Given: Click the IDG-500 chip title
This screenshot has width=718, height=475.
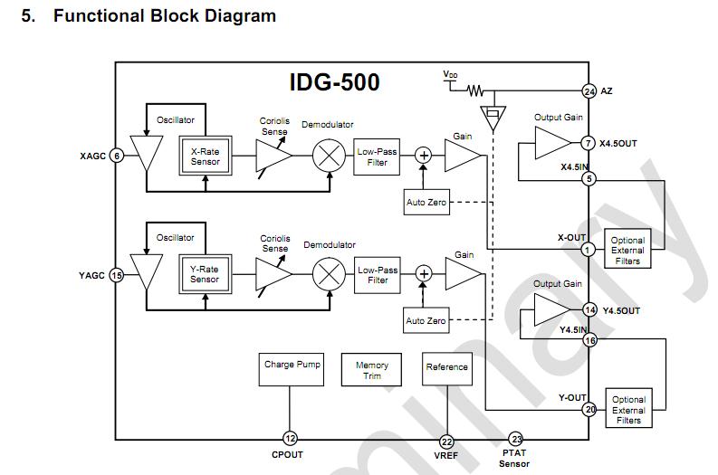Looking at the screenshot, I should (x=334, y=82).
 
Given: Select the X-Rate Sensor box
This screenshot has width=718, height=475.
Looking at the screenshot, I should (x=205, y=157).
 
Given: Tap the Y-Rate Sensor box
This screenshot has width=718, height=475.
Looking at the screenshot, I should (x=205, y=274).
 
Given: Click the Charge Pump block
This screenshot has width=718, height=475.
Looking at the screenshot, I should (x=292, y=371).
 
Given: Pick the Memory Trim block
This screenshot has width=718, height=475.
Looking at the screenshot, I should (x=372, y=371).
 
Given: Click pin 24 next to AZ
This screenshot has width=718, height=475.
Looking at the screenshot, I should (x=589, y=91).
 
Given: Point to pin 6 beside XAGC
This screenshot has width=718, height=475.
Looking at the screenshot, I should (x=116, y=156).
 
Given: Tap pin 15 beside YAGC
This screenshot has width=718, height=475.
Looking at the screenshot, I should (x=116, y=275).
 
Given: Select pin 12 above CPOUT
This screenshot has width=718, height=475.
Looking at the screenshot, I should (x=291, y=438).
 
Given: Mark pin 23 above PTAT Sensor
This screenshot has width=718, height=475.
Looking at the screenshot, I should (x=517, y=438).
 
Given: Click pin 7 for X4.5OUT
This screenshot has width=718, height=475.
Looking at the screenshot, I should (x=589, y=143).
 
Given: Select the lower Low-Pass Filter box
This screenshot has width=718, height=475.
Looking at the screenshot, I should (x=378, y=275).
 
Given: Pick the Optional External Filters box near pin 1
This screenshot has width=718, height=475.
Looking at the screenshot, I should (x=628, y=250).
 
